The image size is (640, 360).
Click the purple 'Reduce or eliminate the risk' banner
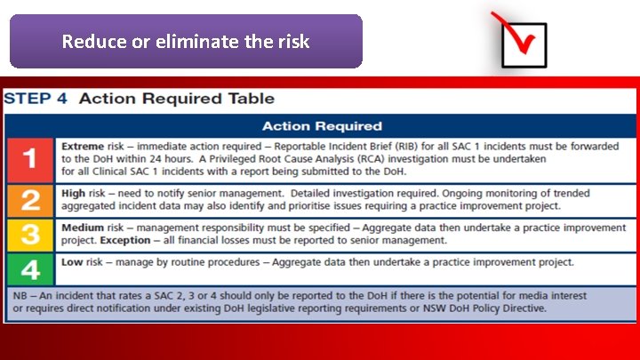click(x=186, y=41)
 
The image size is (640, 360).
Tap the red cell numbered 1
click(x=30, y=160)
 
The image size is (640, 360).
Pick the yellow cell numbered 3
click(x=30, y=236)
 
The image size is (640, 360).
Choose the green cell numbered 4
click(x=30, y=268)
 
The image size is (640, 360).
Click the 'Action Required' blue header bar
click(x=322, y=125)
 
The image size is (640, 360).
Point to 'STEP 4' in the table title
click(x=36, y=99)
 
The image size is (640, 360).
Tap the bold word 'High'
click(x=73, y=192)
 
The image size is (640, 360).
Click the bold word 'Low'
click(x=71, y=261)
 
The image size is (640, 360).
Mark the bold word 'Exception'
click(x=125, y=239)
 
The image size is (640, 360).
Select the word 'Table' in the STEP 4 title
click(x=255, y=99)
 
